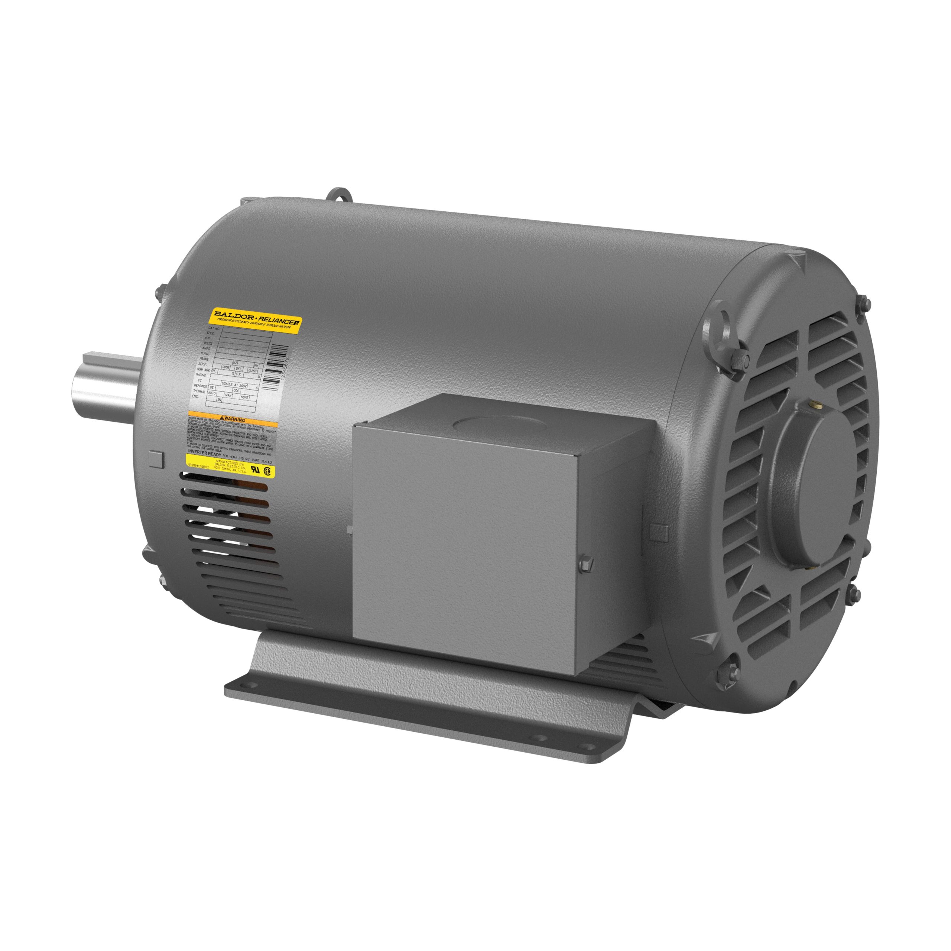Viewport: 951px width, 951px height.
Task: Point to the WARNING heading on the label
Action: point(233,420)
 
